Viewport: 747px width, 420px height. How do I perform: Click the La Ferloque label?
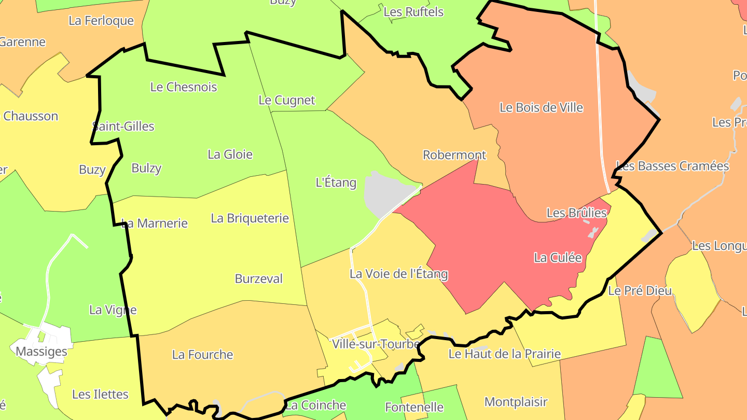(101, 21)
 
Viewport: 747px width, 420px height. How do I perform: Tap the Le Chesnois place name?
(184, 87)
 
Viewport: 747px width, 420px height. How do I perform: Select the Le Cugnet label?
(287, 100)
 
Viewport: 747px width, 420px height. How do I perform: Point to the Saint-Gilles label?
(123, 126)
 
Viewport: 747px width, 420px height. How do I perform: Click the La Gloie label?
(230, 154)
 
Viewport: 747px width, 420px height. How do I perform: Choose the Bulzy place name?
(146, 168)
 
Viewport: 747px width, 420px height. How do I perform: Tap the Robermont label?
(454, 155)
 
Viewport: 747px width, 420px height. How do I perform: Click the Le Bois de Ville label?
(541, 107)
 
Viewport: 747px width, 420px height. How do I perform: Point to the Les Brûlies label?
(576, 213)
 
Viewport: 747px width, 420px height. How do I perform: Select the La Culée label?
(558, 258)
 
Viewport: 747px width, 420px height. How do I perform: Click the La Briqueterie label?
(250, 218)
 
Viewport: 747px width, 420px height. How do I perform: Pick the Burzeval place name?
(259, 278)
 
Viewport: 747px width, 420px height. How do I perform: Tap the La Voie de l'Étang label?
(398, 274)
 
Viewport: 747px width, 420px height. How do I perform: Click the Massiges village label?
(41, 352)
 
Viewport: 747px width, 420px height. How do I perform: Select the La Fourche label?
(202, 355)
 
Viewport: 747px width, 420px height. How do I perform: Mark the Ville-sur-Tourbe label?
(376, 343)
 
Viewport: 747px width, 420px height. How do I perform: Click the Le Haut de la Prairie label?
(504, 354)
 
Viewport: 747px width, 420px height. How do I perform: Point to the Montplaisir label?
(516, 402)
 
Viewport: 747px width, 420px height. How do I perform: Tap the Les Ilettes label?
(100, 394)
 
